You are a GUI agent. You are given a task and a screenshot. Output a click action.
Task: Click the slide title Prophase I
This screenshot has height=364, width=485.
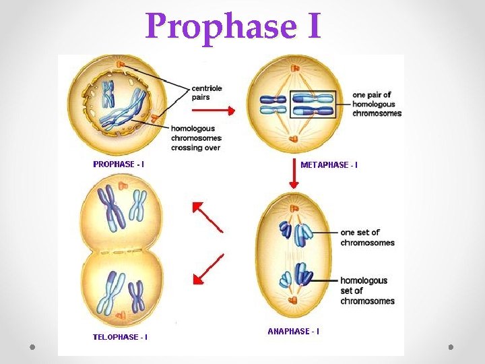(x=233, y=26)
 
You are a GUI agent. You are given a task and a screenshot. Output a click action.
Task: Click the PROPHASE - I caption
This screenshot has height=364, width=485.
(x=118, y=164)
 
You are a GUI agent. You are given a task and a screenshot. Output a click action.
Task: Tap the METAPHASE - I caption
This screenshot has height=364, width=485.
(x=329, y=164)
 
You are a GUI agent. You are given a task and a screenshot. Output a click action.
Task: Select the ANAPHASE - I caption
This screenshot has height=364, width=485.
(x=294, y=331)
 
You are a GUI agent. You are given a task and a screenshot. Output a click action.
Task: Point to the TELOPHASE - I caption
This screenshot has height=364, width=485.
(x=120, y=336)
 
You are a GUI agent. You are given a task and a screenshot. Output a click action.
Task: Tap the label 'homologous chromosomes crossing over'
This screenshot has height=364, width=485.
(x=196, y=138)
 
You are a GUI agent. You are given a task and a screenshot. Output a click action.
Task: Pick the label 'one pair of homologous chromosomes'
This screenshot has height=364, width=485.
(x=377, y=104)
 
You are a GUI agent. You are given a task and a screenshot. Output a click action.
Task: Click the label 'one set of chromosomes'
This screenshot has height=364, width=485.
(x=367, y=237)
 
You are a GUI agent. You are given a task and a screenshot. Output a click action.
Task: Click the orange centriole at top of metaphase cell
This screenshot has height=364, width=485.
(x=294, y=67)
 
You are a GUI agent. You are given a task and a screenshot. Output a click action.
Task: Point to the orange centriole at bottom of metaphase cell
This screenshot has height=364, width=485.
(x=294, y=140)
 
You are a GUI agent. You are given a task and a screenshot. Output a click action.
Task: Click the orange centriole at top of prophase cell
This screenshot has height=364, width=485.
(x=122, y=64)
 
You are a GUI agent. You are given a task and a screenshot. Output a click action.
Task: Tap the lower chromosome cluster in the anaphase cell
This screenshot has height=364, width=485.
(x=296, y=276)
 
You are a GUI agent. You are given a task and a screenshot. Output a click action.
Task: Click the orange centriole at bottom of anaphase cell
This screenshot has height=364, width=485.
(x=294, y=299)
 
